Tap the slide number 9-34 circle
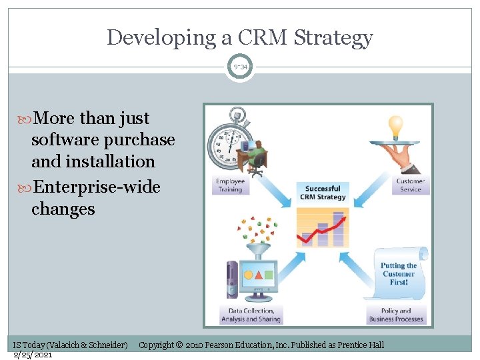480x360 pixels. tap(239, 67)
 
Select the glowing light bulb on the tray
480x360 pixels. tap(396, 125)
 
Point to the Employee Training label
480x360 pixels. tap(229, 185)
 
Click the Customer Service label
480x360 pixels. tap(410, 185)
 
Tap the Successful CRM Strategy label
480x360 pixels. tap(323, 193)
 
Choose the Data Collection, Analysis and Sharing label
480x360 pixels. tap(251, 315)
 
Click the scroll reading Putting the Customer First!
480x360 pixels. tap(399, 273)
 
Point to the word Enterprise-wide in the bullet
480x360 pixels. tap(96, 187)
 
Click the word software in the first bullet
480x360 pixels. tap(63, 140)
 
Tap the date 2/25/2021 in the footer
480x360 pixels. tap(33, 354)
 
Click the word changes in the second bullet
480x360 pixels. tap(63, 209)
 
